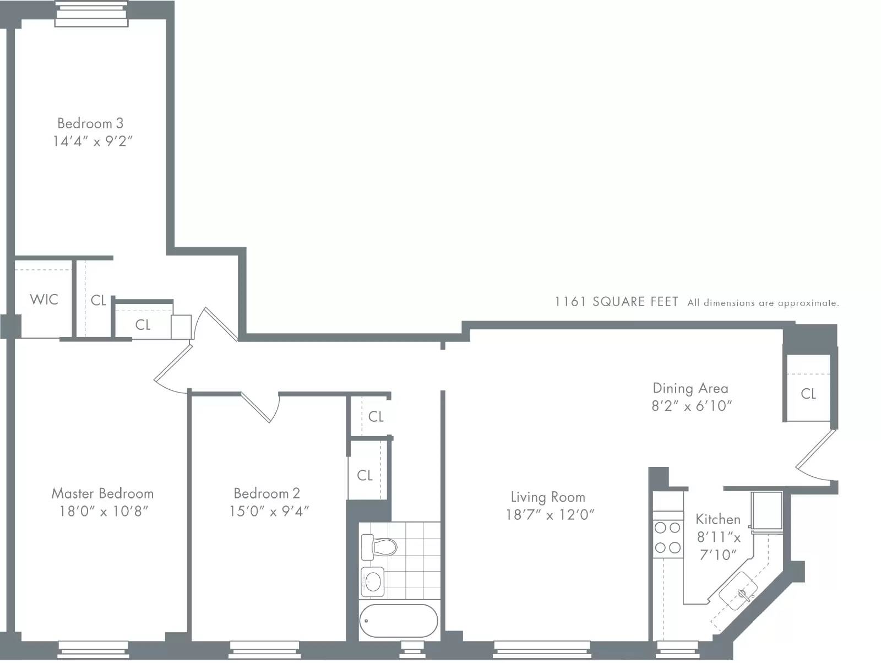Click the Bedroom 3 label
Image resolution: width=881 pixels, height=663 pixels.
[90, 123]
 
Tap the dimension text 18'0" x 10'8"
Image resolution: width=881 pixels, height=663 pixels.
[104, 512]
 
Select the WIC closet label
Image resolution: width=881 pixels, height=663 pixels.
[44, 300]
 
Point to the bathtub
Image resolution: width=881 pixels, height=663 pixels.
[399, 621]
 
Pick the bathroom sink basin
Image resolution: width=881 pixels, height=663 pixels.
[373, 581]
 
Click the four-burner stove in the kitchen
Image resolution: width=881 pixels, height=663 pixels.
[667, 538]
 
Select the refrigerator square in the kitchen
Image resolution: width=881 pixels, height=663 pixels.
[767, 510]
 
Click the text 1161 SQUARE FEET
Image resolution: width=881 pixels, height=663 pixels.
[616, 302]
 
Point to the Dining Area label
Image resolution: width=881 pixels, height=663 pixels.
[690, 388]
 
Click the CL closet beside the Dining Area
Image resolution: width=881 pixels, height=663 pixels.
[808, 394]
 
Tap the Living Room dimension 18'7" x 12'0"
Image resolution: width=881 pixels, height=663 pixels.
[550, 515]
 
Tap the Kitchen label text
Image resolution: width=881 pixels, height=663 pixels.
[717, 519]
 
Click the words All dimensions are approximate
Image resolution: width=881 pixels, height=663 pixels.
[763, 303]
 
